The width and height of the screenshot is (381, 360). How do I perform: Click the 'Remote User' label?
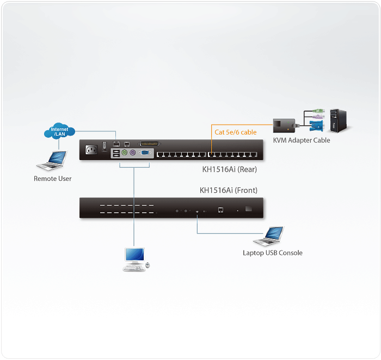pyautogui.click(x=53, y=179)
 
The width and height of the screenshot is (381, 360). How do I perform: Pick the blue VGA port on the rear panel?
pyautogui.click(x=145, y=154)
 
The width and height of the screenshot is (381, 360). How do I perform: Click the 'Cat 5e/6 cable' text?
pyautogui.click(x=235, y=132)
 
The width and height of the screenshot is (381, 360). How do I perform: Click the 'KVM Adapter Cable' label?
pyautogui.click(x=301, y=141)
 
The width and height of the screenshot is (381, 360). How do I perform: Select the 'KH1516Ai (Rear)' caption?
pyautogui.click(x=229, y=169)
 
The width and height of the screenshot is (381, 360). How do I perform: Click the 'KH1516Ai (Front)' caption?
pyautogui.click(x=229, y=190)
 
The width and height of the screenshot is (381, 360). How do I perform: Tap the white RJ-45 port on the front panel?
pyautogui.click(x=220, y=210)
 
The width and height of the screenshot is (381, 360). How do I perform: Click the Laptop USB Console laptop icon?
pyautogui.click(x=269, y=236)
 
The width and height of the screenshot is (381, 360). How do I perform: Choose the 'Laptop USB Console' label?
pyautogui.click(x=272, y=253)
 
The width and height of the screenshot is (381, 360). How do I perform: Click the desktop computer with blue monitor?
pyautogui.click(x=134, y=258)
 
